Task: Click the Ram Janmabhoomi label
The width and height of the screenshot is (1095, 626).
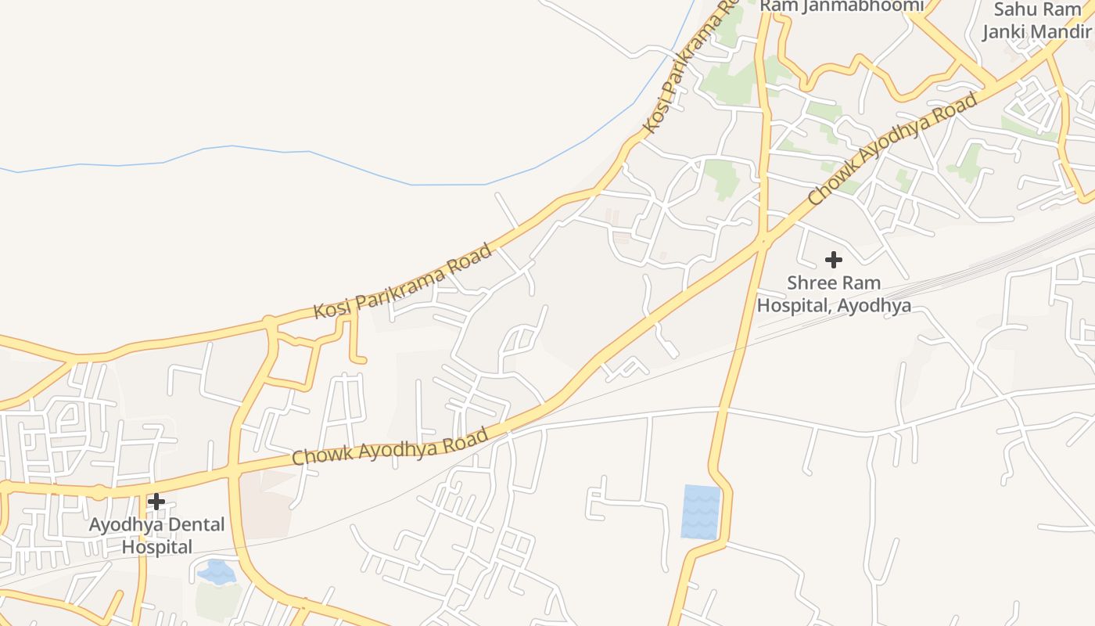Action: click(x=842, y=6)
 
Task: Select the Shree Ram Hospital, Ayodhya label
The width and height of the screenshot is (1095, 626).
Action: click(x=834, y=294)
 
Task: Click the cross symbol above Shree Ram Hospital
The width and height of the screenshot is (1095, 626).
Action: click(x=834, y=259)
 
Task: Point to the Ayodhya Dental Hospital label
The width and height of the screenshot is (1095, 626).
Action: click(x=156, y=535)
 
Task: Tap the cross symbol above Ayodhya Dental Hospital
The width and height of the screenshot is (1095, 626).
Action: click(x=156, y=501)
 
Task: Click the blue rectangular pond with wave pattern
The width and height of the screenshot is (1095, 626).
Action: click(x=701, y=513)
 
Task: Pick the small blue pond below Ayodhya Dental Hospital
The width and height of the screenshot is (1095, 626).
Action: click(x=217, y=572)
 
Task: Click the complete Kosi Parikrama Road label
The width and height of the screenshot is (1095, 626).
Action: click(x=404, y=281)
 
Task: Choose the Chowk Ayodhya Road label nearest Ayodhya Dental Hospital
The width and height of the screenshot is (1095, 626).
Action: click(x=390, y=445)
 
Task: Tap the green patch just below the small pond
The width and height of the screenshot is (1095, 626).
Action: click(x=218, y=600)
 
